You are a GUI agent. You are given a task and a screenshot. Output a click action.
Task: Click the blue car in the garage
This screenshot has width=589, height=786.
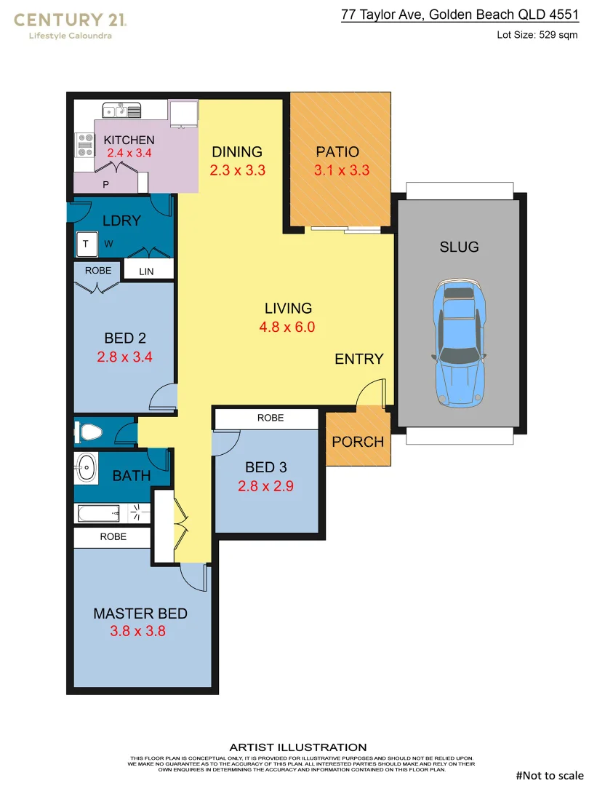tap(458, 342)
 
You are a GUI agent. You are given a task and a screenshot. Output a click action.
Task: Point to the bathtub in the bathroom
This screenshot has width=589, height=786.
tap(98, 513)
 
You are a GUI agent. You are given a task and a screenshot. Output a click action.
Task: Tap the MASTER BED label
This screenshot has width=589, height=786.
tap(140, 614)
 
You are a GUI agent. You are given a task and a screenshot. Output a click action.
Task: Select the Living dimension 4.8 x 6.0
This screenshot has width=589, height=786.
tap(287, 327)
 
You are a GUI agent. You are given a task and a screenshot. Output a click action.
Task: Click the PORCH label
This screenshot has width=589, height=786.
tap(357, 442)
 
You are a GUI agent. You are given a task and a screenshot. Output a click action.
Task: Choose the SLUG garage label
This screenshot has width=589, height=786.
tap(459, 247)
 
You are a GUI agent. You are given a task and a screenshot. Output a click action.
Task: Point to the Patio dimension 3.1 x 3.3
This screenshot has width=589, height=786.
tap(342, 171)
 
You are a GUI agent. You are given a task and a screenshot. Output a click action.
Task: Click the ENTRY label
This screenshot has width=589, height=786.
tap(358, 359)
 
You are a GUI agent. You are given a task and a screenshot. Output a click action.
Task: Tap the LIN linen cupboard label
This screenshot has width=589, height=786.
tap(148, 271)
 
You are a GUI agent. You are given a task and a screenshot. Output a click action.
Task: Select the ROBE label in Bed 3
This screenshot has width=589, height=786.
tap(271, 418)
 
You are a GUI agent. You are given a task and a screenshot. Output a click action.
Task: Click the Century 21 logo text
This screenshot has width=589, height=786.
tap(71, 20)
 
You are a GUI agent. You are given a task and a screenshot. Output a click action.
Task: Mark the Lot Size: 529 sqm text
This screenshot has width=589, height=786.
tap(537, 34)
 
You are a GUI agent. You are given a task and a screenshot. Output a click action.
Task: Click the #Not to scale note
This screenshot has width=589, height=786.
tap(549, 775)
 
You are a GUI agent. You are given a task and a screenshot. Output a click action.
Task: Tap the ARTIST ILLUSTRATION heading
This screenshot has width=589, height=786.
tap(298, 747)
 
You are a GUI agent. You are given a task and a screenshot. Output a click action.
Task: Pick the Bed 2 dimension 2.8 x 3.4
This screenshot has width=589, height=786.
tap(124, 357)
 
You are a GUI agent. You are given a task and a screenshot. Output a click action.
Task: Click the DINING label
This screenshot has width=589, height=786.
tap(237, 152)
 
